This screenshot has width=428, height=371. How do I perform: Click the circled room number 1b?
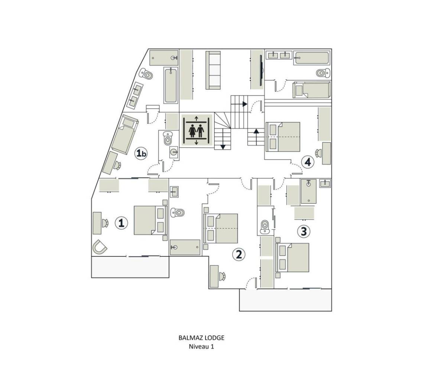[x=140, y=154]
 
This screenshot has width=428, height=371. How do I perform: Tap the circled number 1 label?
[x=121, y=223]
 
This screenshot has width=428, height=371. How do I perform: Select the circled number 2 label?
[x=238, y=255]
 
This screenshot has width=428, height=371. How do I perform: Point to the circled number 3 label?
[x=303, y=232]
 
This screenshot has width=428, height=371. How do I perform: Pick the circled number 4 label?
[x=308, y=162]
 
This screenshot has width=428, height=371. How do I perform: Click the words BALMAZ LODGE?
[x=201, y=338]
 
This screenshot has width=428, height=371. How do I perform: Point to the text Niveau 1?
[x=201, y=347]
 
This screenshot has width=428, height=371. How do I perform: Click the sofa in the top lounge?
[x=213, y=70]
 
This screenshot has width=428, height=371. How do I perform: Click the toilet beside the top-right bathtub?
[x=322, y=73]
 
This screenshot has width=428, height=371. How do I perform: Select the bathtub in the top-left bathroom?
[x=171, y=85]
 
